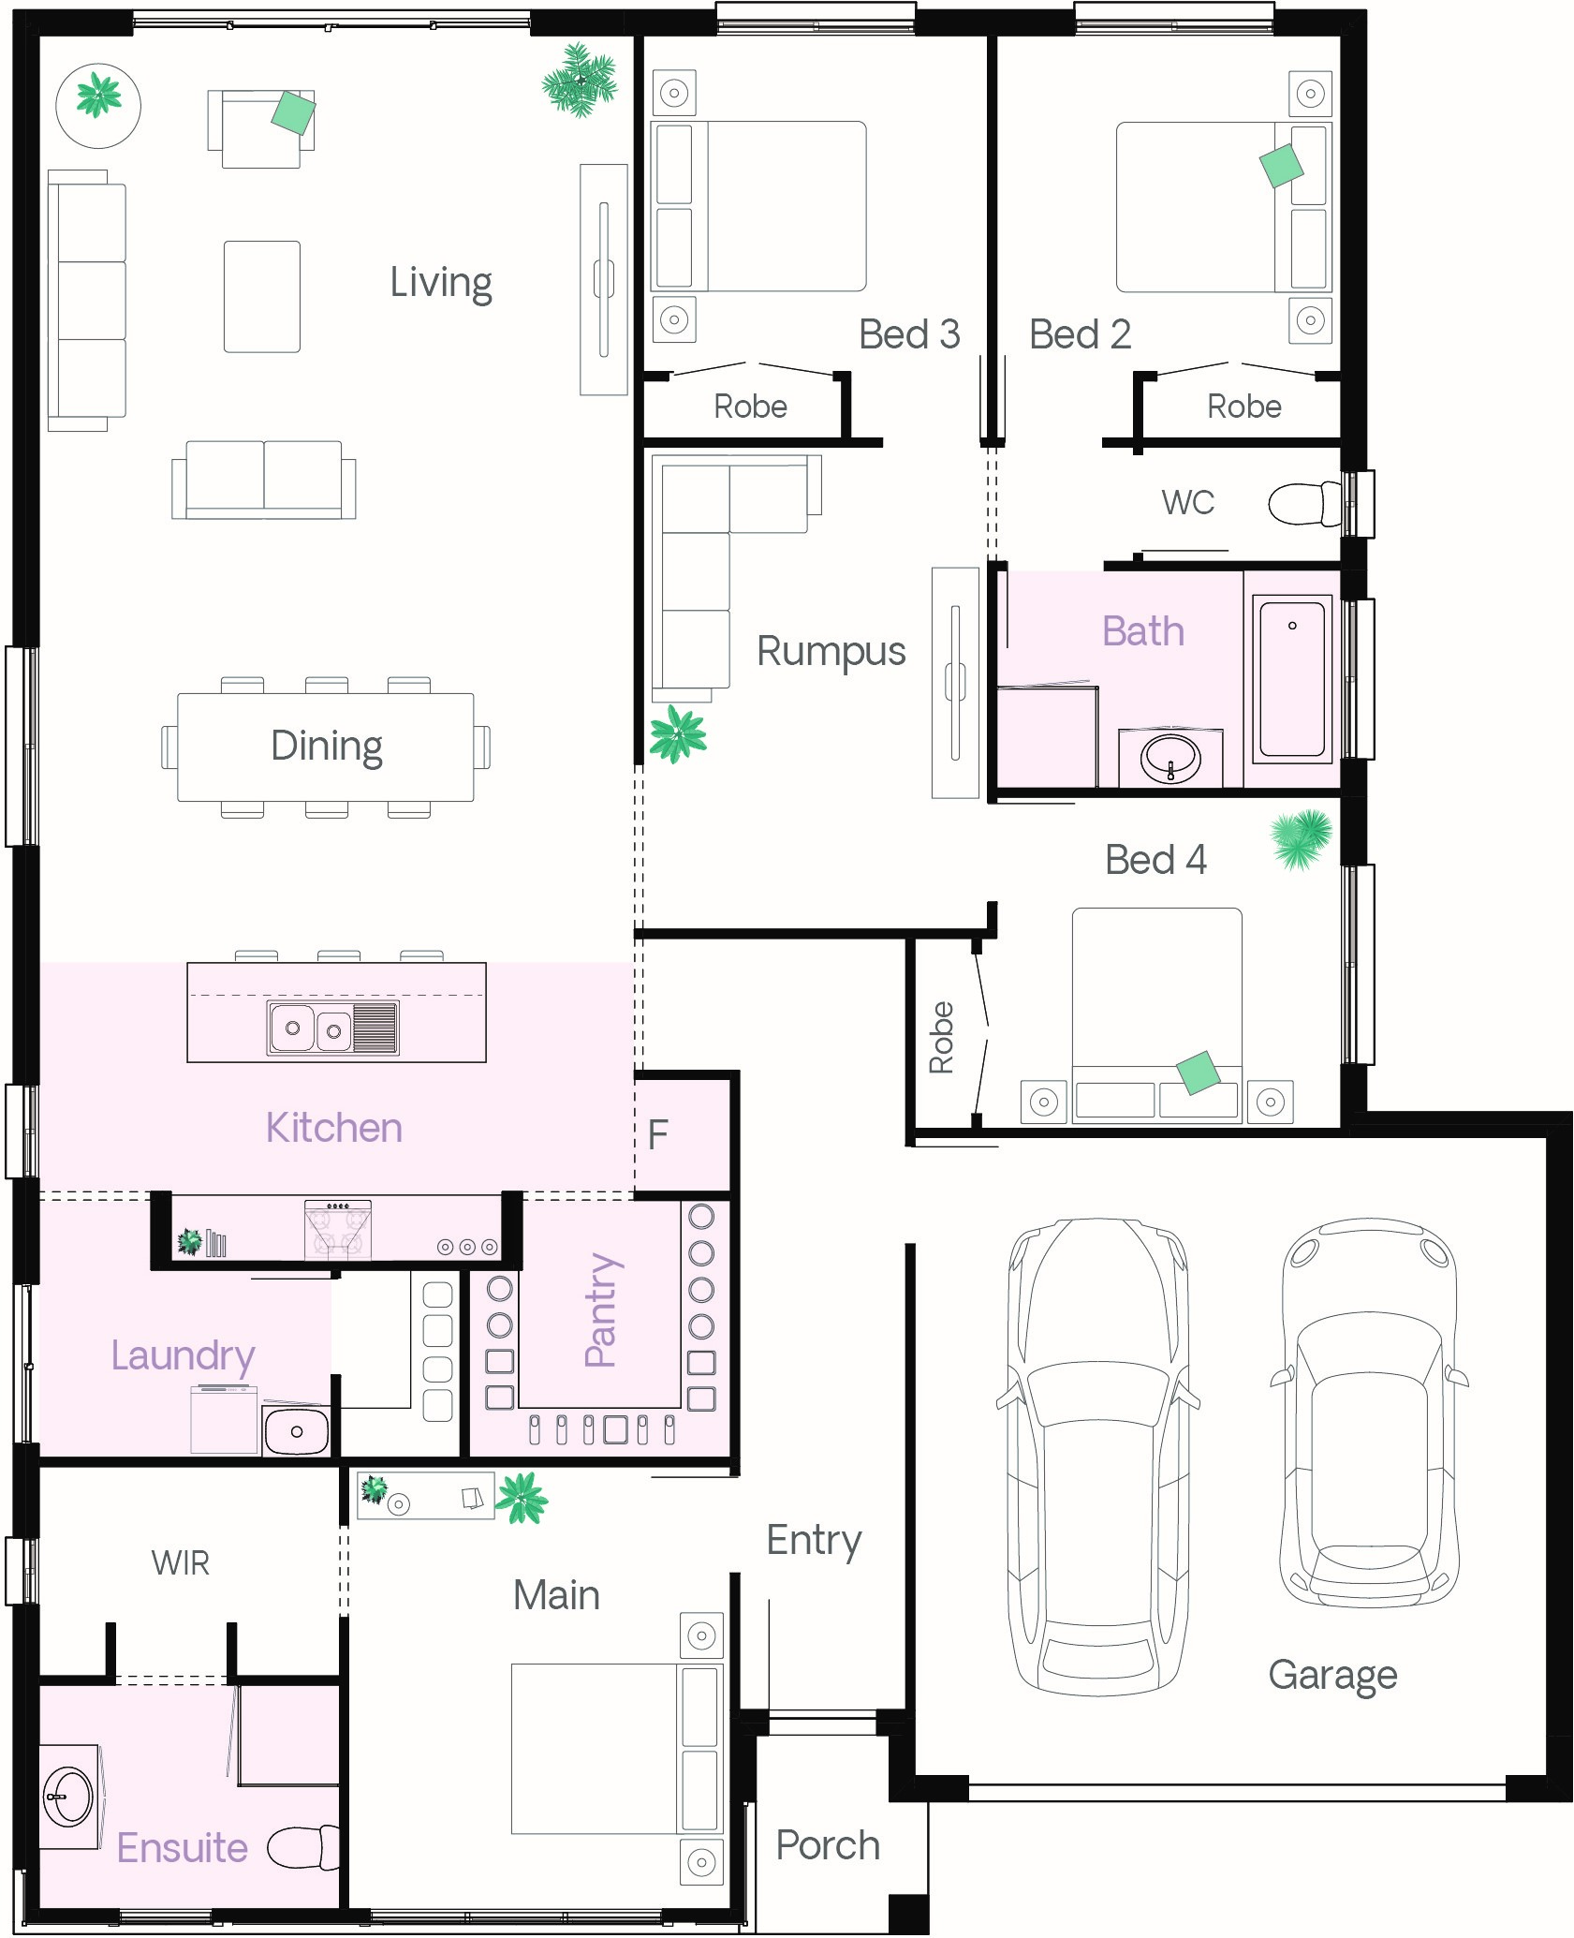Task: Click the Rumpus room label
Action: (x=831, y=652)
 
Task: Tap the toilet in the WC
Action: (x=1305, y=504)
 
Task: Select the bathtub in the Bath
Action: (x=1291, y=678)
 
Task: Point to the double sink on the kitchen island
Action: (x=333, y=1028)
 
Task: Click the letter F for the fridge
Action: (x=658, y=1134)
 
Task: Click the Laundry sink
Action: (x=296, y=1429)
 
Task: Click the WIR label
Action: (x=181, y=1562)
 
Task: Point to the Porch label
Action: (x=828, y=1844)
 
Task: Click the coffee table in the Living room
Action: (x=262, y=296)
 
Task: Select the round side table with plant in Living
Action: (x=98, y=105)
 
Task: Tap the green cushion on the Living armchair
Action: (x=293, y=113)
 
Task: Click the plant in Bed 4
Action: (x=1302, y=838)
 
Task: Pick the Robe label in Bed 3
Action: (x=750, y=407)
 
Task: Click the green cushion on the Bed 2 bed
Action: (x=1281, y=166)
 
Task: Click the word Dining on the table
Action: (x=327, y=747)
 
